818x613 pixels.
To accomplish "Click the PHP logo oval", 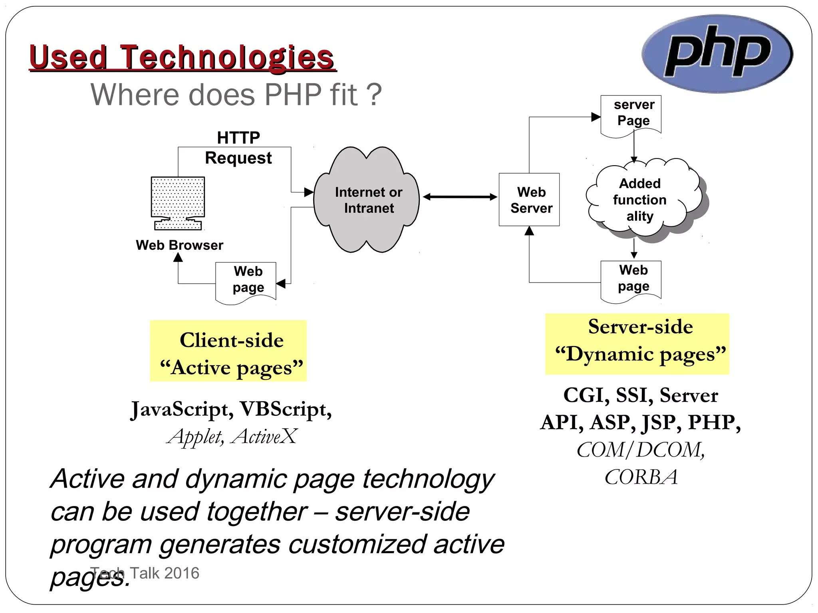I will (x=717, y=54).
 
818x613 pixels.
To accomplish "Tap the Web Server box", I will (x=529, y=200).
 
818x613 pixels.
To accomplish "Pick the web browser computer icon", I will (x=178, y=202).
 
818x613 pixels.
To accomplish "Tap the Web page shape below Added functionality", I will (x=631, y=279).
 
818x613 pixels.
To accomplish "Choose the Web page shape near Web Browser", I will (x=246, y=281).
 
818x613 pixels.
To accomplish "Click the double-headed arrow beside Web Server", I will (x=460, y=197).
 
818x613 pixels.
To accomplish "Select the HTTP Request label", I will (x=238, y=148).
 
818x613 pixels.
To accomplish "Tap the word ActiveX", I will (x=264, y=436).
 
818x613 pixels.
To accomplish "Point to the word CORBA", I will (x=641, y=477).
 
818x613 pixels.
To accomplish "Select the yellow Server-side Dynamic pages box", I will (x=637, y=344).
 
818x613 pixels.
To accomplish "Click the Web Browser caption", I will (x=179, y=245).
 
